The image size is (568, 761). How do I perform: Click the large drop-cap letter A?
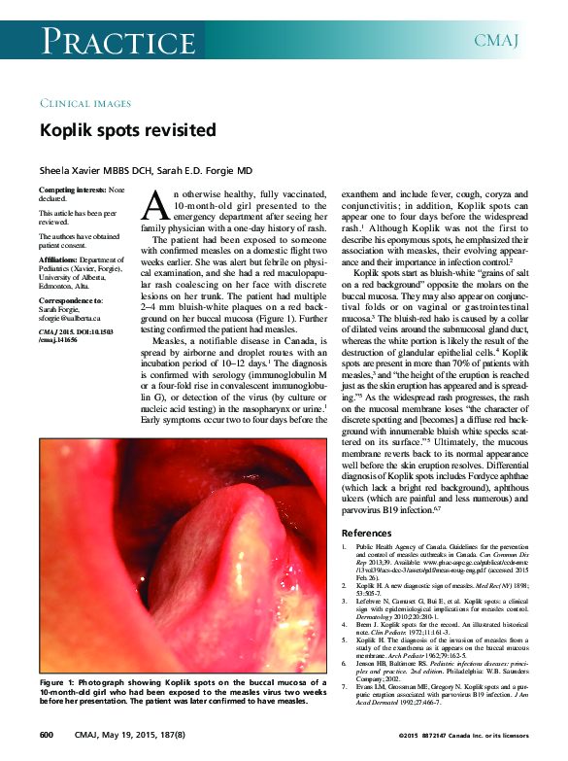click(156, 204)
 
